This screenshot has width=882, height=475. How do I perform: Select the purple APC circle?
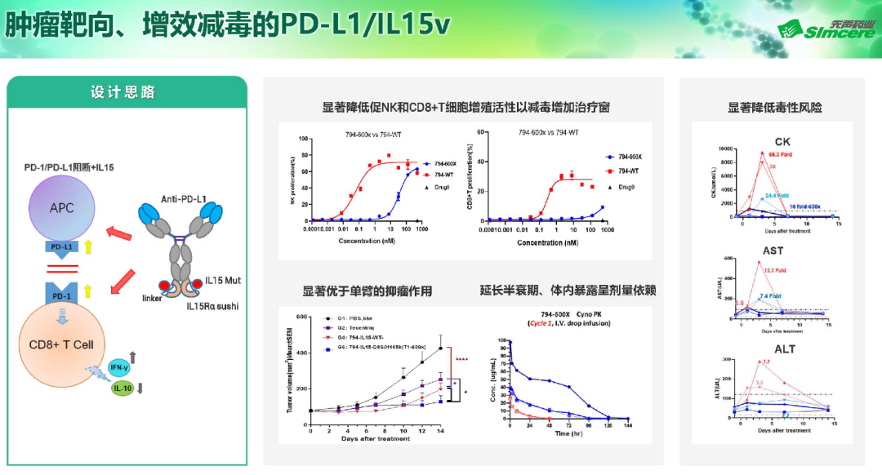(61, 208)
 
